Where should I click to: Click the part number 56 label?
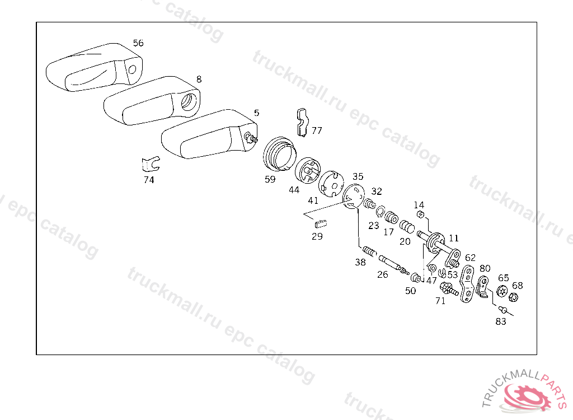[138, 43]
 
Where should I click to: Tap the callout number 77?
[317, 130]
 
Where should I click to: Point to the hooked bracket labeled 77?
[302, 121]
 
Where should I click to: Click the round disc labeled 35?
[353, 196]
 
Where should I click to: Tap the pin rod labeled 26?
[391, 263]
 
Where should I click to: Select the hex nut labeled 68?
[514, 297]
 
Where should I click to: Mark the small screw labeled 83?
[503, 310]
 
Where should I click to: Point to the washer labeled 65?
[502, 291]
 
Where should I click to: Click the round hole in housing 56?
[133, 69]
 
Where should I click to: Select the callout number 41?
[313, 200]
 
